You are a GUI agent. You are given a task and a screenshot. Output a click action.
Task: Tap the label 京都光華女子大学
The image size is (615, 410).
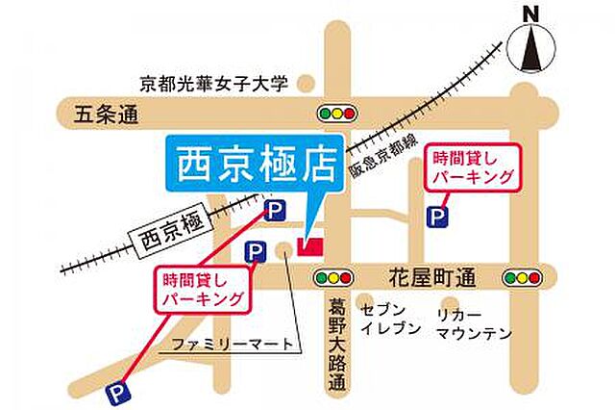click(x=213, y=85)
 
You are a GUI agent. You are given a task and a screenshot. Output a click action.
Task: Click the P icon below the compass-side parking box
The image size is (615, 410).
click(x=439, y=218)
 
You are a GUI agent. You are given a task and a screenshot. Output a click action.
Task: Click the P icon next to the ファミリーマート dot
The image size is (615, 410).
click(x=255, y=252)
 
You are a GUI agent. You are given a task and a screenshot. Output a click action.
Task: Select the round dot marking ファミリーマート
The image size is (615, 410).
click(x=283, y=251)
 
